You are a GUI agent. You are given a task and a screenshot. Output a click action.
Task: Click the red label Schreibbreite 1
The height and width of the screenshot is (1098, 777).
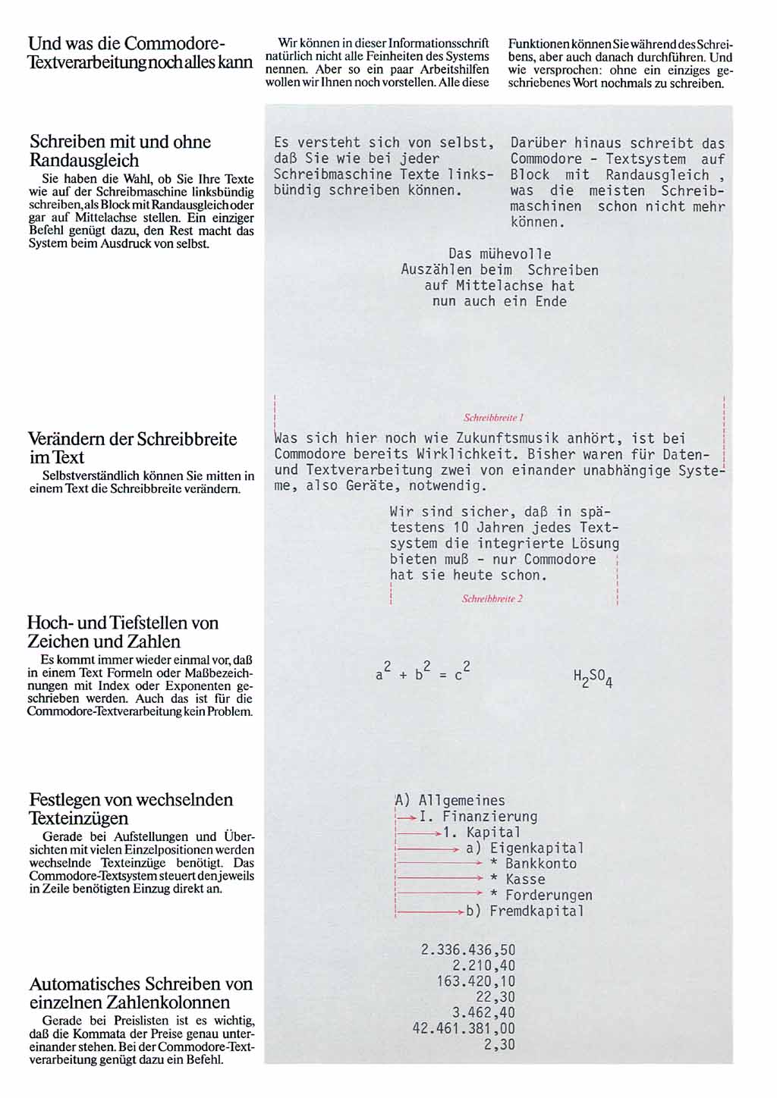(x=494, y=418)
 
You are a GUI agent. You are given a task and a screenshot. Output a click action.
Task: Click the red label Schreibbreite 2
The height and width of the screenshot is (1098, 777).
(x=492, y=599)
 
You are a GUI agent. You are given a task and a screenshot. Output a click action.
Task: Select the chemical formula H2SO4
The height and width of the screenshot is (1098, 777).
(x=593, y=678)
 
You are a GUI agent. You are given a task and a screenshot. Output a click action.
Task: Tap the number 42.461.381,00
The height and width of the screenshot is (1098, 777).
(x=464, y=1029)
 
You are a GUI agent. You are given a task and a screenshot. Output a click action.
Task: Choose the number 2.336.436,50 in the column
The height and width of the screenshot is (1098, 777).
(x=468, y=950)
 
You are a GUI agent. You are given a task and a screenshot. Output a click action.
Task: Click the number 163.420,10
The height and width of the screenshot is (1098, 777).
(x=476, y=981)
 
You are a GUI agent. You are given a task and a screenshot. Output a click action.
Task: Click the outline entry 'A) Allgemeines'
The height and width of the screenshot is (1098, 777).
(x=450, y=801)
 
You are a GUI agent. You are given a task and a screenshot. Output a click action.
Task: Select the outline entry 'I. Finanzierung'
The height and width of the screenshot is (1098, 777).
(x=478, y=817)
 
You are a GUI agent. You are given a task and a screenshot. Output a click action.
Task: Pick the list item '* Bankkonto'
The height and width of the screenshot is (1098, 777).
(x=533, y=864)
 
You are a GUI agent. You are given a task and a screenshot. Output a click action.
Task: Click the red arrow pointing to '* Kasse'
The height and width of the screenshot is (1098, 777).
(x=440, y=879)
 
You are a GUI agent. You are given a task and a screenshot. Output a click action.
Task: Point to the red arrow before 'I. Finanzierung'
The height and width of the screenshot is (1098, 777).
(x=407, y=817)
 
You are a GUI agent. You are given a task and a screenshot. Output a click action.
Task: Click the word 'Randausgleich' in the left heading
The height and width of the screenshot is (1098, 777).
(x=84, y=161)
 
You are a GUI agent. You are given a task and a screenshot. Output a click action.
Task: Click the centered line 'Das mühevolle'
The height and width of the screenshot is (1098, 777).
(x=500, y=254)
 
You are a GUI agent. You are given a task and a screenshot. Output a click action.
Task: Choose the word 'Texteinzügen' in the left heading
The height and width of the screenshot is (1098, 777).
(x=79, y=818)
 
